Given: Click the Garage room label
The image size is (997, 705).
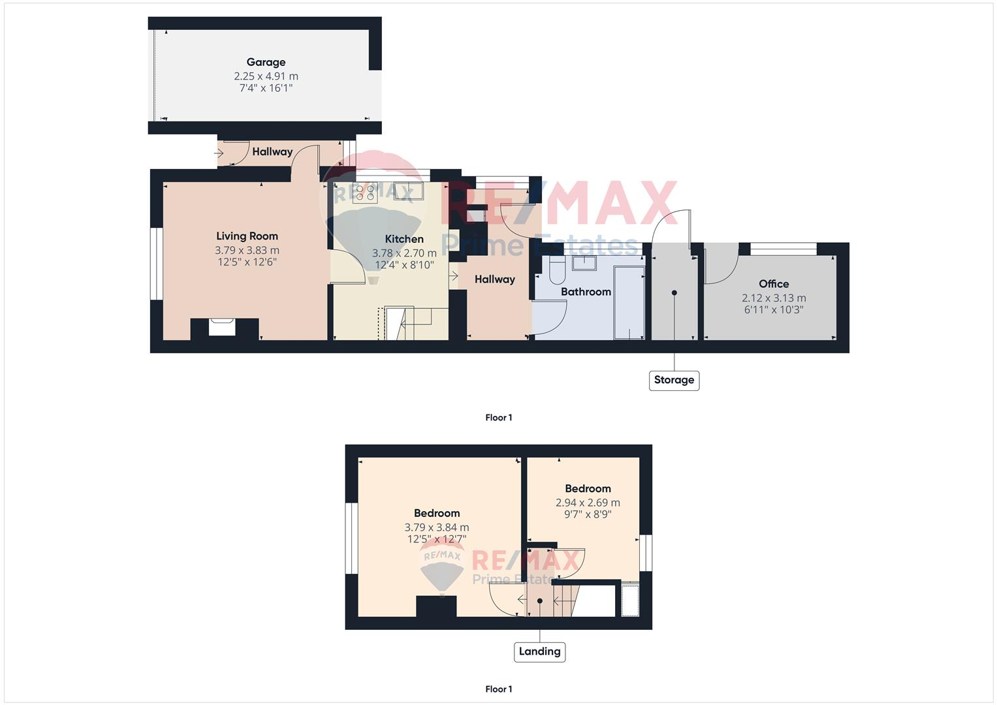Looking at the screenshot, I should coord(266,62).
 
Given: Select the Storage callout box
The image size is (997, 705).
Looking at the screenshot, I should coord(674,380).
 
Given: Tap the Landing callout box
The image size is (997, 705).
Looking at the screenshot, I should coord(539,651).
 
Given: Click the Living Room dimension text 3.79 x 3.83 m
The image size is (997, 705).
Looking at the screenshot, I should coord(247,250).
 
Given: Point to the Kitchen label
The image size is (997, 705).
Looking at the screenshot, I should coord(404,239).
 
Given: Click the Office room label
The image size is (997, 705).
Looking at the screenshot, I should coord(774,284).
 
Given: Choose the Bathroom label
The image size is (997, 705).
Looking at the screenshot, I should coord(586,292).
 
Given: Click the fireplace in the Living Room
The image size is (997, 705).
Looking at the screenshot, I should coord(222,326).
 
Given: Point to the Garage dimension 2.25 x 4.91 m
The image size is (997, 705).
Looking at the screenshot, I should coord(266,76).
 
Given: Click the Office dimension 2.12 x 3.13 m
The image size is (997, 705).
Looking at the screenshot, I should coord(774,298).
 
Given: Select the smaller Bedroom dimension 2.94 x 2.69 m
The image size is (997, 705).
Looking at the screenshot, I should coord(588,503).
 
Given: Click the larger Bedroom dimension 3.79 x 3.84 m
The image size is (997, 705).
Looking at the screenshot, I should coord(436,527).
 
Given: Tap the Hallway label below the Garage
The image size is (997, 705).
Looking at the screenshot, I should coord(272,151).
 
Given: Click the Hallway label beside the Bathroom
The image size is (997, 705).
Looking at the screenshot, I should coord(494,279).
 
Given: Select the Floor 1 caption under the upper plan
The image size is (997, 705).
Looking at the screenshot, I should coord(499,418).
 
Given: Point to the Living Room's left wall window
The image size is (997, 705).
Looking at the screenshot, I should coord(157,264).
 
